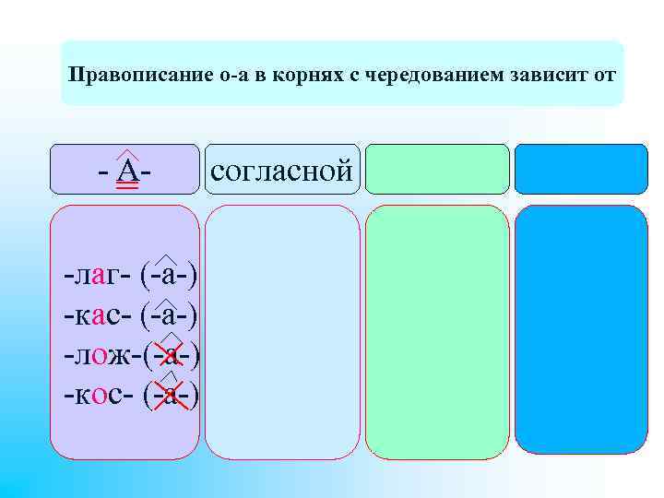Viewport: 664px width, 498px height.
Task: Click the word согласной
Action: coord(281,170)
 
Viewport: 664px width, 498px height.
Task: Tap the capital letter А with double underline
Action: coord(128,172)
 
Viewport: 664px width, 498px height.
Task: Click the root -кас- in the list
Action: coord(96,315)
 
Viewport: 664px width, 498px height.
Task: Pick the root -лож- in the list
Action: coord(98,355)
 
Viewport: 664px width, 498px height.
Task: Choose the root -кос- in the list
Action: coord(96,395)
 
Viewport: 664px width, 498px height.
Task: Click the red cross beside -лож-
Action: coord(172,355)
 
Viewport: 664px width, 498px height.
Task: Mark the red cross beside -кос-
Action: coord(172,395)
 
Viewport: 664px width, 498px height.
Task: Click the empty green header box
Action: coord(438,169)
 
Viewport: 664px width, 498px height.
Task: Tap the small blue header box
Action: coord(580,169)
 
